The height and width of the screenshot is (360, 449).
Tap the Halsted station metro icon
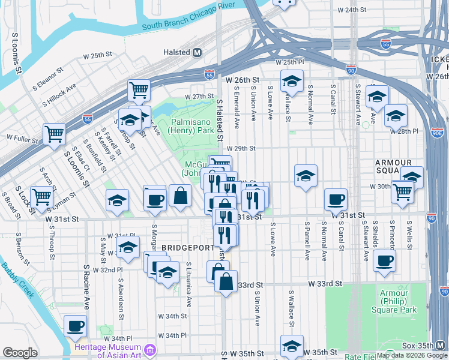pos(197,52)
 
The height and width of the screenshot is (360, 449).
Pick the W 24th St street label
pos(351,10)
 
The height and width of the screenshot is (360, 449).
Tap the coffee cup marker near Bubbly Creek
pos(76,326)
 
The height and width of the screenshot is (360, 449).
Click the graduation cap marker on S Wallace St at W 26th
pos(292,80)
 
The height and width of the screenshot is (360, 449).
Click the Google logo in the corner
pos(20,353)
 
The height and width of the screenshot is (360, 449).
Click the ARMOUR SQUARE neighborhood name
pos(394,167)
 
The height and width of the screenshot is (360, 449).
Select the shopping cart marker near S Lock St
pos(41,196)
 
